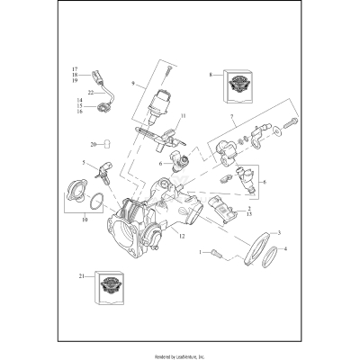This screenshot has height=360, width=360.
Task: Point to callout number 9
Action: (132, 83)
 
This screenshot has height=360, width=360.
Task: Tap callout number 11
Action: (182, 118)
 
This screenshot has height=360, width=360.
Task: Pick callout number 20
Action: (93, 144)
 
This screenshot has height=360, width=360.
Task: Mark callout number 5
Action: (83, 163)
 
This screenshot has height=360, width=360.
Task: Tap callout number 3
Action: (278, 232)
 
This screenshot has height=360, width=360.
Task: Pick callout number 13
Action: (248, 216)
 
